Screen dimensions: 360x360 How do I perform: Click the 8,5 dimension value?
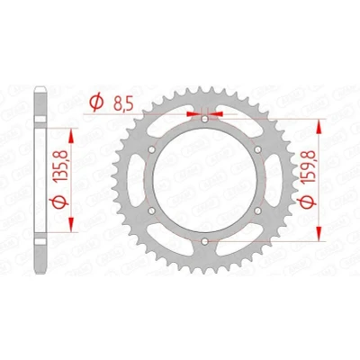pyautogui.click(x=123, y=104)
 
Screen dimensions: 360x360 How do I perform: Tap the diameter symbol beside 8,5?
pyautogui.click(x=96, y=103)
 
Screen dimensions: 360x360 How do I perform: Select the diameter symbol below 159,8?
pyautogui.click(x=308, y=202)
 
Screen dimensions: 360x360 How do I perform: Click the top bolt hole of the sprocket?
pyautogui.click(x=205, y=120)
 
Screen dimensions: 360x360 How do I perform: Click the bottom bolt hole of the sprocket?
pyautogui.click(x=205, y=241)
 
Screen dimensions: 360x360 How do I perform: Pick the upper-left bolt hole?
pyautogui.click(x=152, y=149)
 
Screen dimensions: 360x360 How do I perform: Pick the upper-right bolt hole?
pyautogui.click(x=257, y=149)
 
